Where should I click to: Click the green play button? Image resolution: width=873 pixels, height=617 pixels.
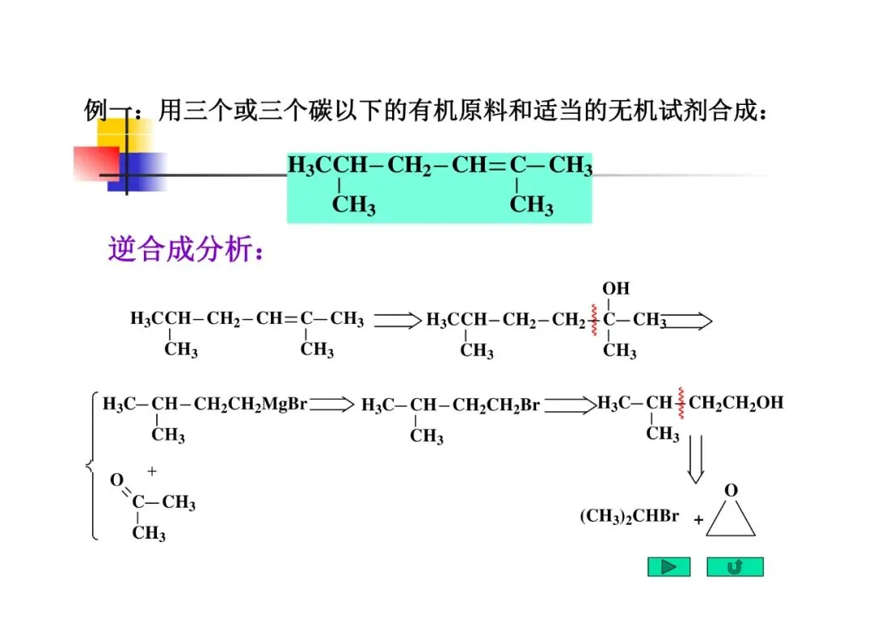pyautogui.click(x=668, y=567)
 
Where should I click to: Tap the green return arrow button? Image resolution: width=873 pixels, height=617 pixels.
pyautogui.click(x=735, y=567)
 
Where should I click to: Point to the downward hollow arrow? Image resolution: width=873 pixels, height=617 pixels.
pyautogui.click(x=695, y=460)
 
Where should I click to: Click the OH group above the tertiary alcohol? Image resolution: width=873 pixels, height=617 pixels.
pyautogui.click(x=616, y=288)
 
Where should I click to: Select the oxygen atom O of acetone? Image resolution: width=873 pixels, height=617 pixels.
pyautogui.click(x=116, y=481)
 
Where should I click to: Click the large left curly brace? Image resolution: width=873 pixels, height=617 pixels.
pyautogui.click(x=91, y=466)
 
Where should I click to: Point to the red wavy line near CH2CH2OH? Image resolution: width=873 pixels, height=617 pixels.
pyautogui.click(x=681, y=404)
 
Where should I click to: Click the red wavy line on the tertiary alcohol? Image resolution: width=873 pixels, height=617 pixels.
pyautogui.click(x=595, y=321)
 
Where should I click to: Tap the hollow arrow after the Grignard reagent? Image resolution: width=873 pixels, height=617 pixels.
pyautogui.click(x=331, y=404)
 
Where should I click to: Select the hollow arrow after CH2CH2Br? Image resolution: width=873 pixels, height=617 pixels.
pyautogui.click(x=568, y=404)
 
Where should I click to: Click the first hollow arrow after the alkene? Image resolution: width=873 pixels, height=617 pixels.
pyautogui.click(x=398, y=321)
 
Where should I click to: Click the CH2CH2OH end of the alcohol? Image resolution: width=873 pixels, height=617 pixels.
pyautogui.click(x=736, y=403)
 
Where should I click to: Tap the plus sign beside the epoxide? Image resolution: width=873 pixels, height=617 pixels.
pyautogui.click(x=698, y=521)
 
